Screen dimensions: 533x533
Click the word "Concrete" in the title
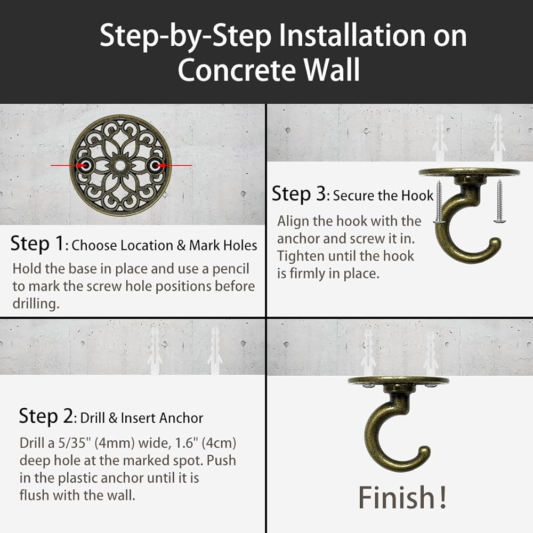tap(237, 70)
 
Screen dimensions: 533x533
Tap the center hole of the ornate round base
tap(120, 166)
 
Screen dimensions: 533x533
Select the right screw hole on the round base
tap(155, 166)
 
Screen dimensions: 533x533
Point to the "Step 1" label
tap(37, 244)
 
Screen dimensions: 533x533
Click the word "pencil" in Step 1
tap(231, 269)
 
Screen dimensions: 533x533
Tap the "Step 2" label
tap(45, 416)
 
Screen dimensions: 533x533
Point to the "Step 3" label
tap(299, 194)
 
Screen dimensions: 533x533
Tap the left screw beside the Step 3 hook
tap(439, 202)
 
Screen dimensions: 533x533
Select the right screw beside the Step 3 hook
tap(499, 202)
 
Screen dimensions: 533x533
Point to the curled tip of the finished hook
tap(423, 454)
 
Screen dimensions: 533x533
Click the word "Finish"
tap(397, 497)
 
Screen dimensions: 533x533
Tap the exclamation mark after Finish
tap(443, 497)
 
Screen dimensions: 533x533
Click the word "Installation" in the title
tap(352, 36)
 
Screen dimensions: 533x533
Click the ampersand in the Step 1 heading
tap(181, 245)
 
